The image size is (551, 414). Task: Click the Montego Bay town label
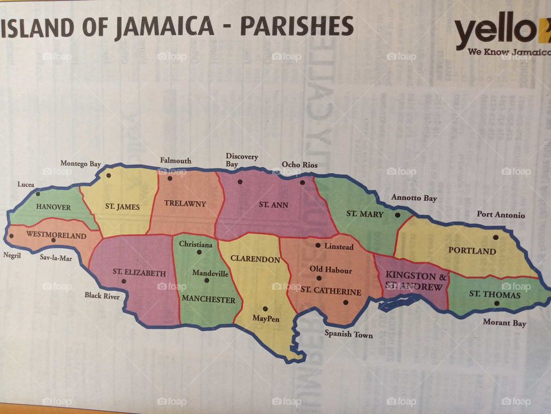[80, 164]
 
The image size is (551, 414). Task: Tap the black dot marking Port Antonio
[495, 237]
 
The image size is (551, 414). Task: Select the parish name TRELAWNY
[185, 204]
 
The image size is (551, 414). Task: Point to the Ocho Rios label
[299, 165]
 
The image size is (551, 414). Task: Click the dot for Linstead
[317, 246]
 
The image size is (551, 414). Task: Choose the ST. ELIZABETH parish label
[139, 273]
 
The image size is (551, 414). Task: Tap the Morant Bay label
[504, 323]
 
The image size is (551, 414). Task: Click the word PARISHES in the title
[296, 26]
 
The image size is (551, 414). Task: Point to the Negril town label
[11, 255]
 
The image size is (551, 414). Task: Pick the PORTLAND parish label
[472, 251]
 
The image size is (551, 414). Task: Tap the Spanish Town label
[348, 334]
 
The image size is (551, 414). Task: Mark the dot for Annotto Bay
[397, 215]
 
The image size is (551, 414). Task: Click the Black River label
[102, 296]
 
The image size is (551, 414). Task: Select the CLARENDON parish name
[255, 259]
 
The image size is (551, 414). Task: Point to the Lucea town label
[25, 185]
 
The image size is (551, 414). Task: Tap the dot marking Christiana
[199, 252]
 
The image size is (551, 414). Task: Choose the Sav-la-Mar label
[56, 258]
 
